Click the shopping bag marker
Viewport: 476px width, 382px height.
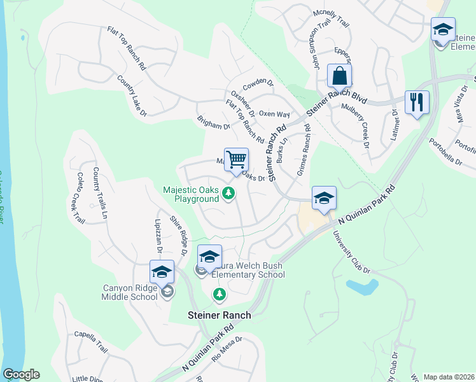[340, 76]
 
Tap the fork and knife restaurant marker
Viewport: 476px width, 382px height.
[417, 103]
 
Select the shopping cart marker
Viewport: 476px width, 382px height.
[236, 160]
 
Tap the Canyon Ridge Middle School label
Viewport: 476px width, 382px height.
[130, 292]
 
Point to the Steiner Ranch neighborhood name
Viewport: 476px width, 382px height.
[218, 315]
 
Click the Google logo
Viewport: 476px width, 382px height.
[21, 374]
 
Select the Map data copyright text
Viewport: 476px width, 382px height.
[449, 376]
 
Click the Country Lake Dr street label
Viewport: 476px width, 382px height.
[132, 95]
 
